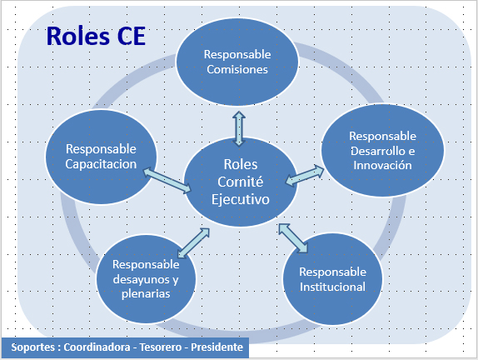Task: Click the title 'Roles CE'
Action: pos(96,36)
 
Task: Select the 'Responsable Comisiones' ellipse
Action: pos(237,62)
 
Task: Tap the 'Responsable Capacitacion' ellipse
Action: pos(101,157)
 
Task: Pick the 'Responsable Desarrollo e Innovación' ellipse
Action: pos(382,150)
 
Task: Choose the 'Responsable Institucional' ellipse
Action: pos(332,279)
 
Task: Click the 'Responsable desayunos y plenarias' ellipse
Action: pos(146,279)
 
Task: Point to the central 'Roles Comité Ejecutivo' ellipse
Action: pos(241,182)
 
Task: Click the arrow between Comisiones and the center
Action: pos(239,128)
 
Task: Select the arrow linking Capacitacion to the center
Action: pos(167,181)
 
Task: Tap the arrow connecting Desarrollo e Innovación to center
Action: pos(305,176)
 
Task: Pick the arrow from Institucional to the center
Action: pos(293,238)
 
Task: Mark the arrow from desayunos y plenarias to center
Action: pos(193,242)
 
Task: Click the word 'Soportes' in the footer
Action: pos(33,347)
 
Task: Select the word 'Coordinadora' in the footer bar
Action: pos(97,347)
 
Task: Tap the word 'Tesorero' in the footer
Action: pos(161,347)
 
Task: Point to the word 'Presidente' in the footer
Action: pos(217,347)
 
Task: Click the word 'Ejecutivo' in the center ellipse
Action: pos(241,200)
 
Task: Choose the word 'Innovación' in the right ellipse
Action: pos(382,165)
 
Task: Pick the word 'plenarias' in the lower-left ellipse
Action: pos(146,294)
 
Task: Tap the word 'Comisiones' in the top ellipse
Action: pos(237,69)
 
